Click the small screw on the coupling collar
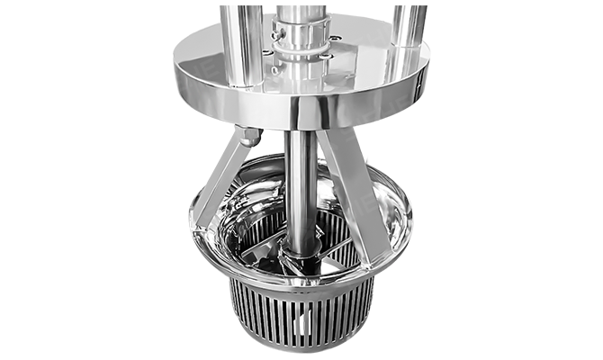(x=285, y=35)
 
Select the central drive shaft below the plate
(x=301, y=180)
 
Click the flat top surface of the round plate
(x=360, y=67)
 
